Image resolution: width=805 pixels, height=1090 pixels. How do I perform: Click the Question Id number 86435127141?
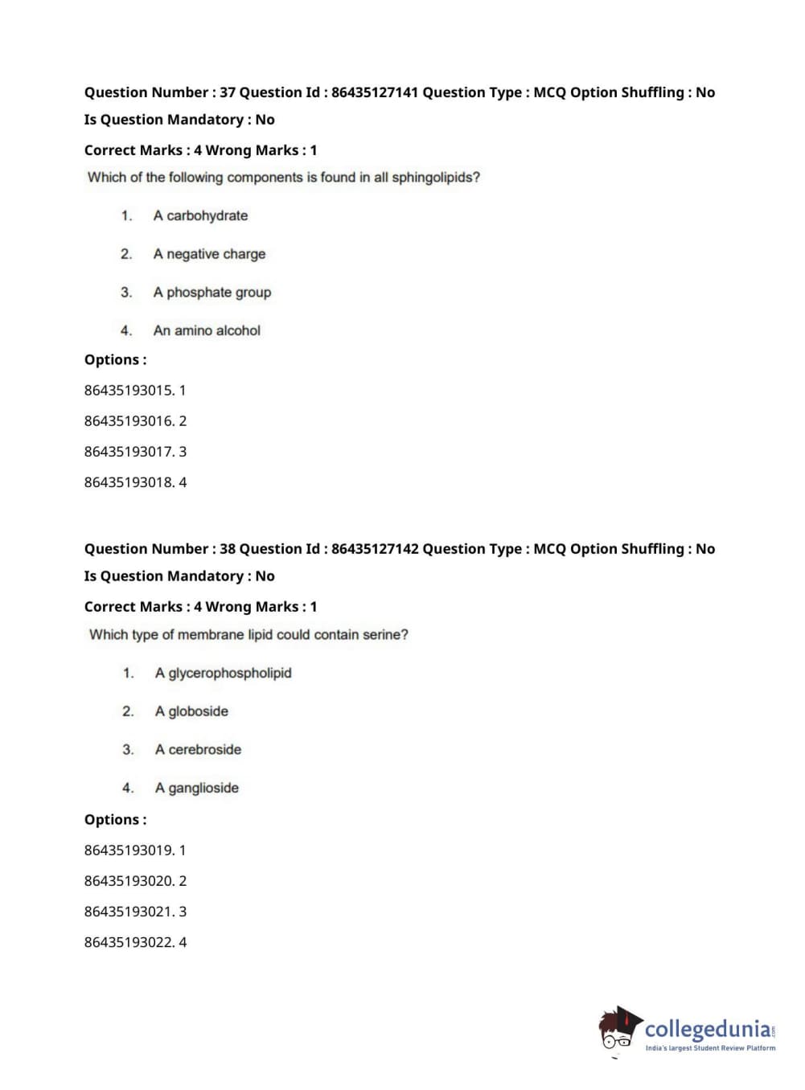(x=375, y=92)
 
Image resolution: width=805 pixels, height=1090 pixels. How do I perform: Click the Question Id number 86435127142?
(x=375, y=549)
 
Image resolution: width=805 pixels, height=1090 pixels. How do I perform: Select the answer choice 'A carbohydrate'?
(x=200, y=215)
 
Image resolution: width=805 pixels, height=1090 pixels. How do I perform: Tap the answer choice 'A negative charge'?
(x=209, y=254)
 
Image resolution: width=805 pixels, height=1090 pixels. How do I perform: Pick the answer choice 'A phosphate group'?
(x=212, y=293)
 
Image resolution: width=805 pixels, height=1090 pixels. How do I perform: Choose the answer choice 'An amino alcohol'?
(x=207, y=330)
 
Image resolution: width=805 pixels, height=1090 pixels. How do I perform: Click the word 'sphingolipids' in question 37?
(x=435, y=178)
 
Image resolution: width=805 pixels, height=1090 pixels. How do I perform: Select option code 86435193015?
(x=129, y=391)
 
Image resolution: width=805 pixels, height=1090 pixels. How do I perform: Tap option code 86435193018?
(x=129, y=482)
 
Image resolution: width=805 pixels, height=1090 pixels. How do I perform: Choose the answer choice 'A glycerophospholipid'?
(x=223, y=673)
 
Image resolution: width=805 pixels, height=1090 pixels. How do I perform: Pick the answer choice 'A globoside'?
(x=191, y=711)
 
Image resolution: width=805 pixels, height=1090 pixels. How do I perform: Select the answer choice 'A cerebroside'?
(x=198, y=750)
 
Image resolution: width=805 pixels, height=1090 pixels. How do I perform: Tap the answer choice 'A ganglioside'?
(x=197, y=789)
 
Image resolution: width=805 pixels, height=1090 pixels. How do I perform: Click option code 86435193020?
(x=129, y=881)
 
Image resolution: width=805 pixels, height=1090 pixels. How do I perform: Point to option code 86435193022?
(x=129, y=942)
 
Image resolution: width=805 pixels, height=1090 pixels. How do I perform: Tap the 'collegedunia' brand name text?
(x=708, y=1028)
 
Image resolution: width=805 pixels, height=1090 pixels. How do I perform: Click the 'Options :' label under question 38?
(x=115, y=820)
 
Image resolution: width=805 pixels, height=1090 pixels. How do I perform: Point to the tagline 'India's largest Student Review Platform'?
(x=710, y=1048)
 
